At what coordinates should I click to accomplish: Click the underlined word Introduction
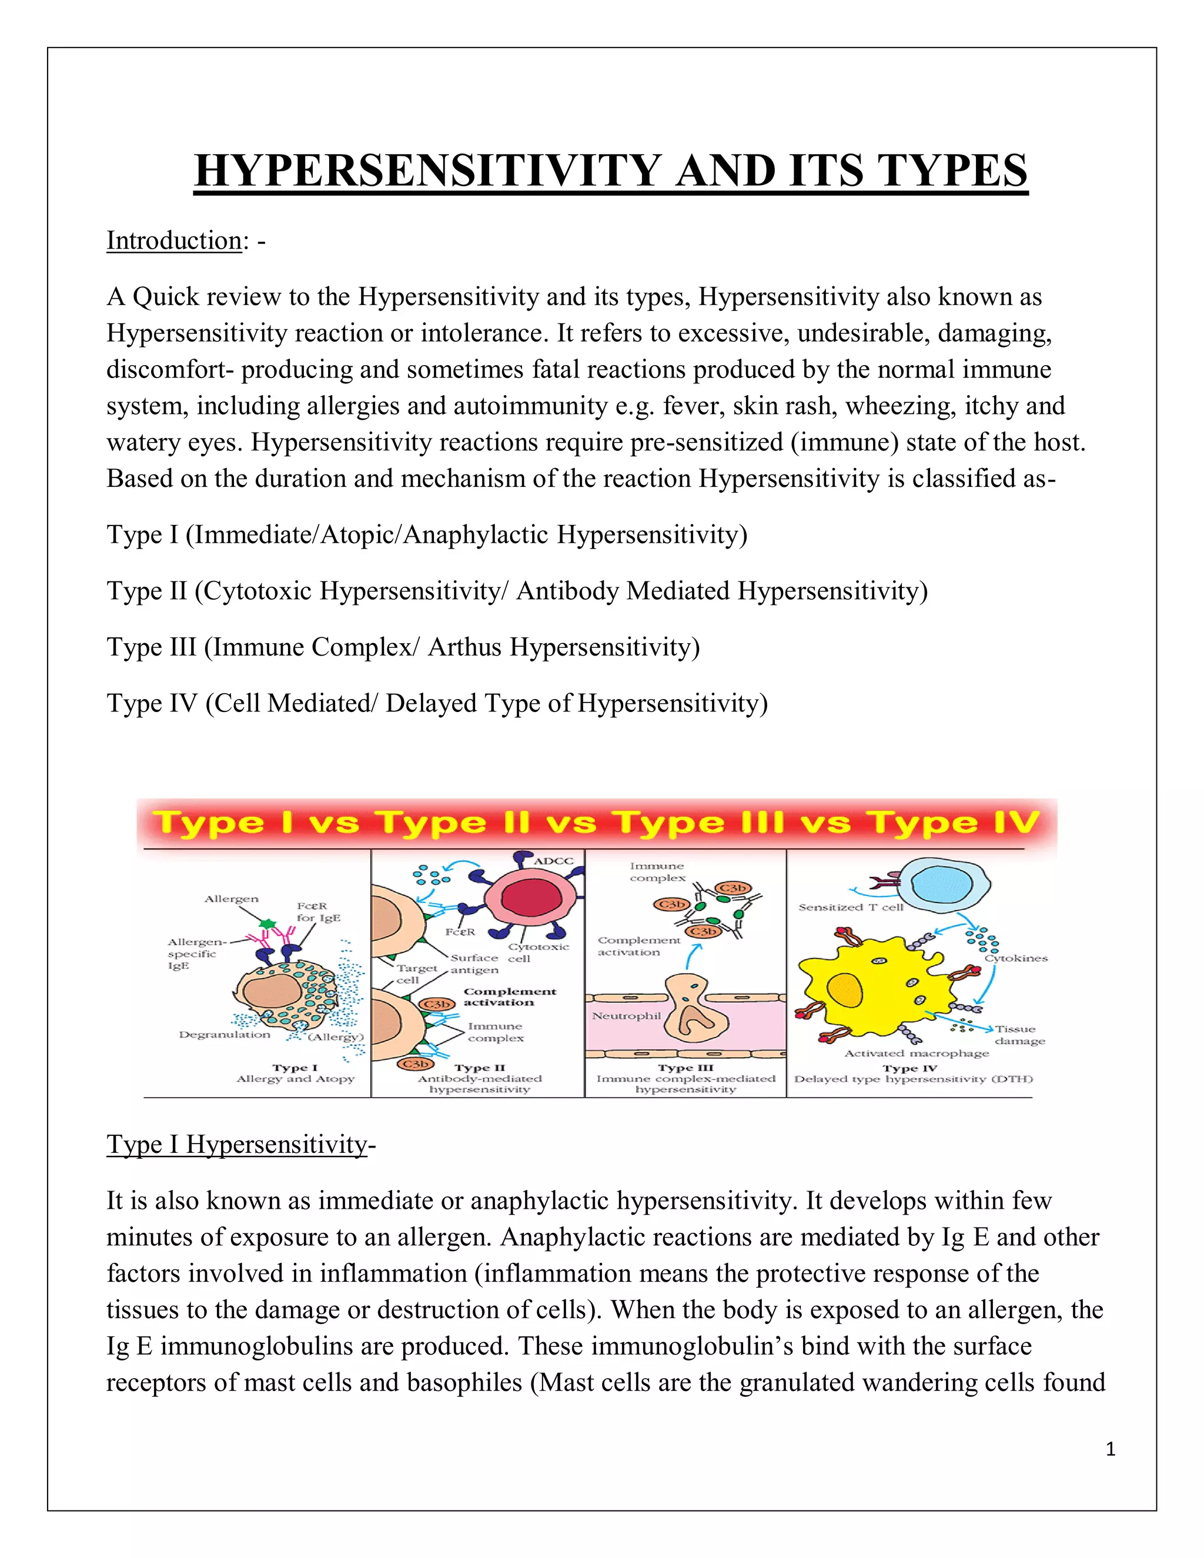coord(174,241)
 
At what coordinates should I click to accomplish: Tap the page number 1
coord(1110,1449)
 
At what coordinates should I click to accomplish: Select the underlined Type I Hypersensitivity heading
coord(236,1144)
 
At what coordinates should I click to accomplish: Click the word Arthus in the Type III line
coord(464,647)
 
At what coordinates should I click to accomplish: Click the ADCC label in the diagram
coord(553,861)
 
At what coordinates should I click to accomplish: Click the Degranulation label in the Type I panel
coord(224,1034)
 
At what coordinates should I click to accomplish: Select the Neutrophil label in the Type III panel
coord(626,1015)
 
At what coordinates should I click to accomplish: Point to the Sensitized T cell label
coord(850,907)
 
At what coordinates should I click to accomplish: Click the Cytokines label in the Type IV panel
coord(1016,958)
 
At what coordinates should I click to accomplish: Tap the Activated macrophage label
coord(917,1053)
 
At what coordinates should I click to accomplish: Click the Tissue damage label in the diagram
coord(1019,1035)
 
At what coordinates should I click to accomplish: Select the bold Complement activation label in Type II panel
coord(509,997)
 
